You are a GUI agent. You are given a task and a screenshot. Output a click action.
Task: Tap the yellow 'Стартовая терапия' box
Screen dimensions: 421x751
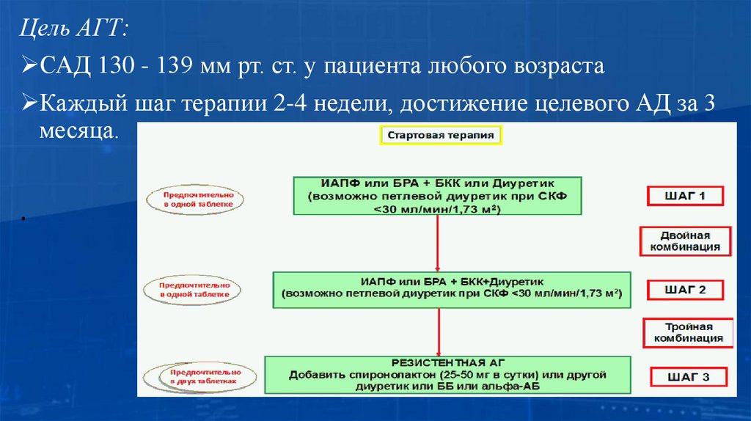(441, 135)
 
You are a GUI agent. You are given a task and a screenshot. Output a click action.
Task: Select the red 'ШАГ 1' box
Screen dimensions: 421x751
(685, 197)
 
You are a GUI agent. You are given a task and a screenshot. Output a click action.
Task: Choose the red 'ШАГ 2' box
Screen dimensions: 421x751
(685, 290)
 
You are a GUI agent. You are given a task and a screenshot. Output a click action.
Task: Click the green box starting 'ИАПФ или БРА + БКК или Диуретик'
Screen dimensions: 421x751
(437, 195)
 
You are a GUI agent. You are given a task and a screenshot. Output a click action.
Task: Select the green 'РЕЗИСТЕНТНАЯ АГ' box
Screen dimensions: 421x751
(447, 374)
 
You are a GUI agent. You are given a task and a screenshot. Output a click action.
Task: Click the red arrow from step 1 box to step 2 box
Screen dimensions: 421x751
(437, 243)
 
